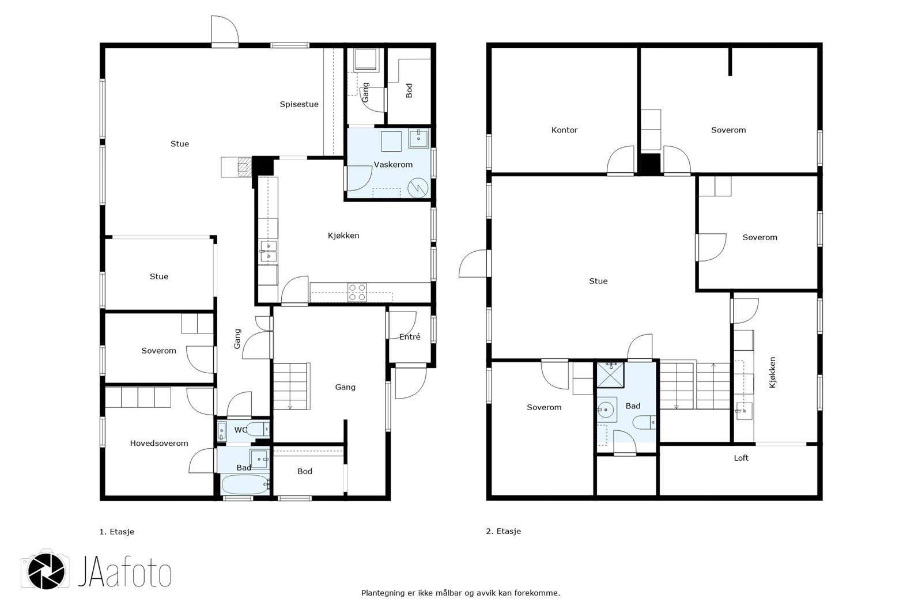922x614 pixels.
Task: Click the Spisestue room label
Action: click(299, 104)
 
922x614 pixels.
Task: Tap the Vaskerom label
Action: click(393, 165)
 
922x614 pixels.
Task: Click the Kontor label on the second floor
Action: click(564, 130)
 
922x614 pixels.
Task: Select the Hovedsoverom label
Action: click(159, 443)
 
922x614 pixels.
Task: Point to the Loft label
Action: click(741, 458)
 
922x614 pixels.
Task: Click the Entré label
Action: click(410, 336)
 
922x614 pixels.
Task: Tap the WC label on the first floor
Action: click(240, 430)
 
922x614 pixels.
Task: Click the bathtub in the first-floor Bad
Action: click(245, 485)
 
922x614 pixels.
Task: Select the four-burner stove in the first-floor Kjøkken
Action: click(357, 292)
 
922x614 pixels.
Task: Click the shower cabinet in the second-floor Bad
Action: click(610, 375)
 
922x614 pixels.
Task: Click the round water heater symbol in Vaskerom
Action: click(418, 188)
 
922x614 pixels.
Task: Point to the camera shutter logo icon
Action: click(46, 571)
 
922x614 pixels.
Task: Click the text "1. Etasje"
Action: click(117, 532)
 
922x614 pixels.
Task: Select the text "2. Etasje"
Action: click(504, 531)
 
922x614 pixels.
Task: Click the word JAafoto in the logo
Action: click(124, 571)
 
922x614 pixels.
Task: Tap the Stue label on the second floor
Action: click(598, 281)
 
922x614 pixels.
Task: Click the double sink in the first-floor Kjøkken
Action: click(269, 252)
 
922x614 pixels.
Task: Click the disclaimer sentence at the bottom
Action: click(460, 593)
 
